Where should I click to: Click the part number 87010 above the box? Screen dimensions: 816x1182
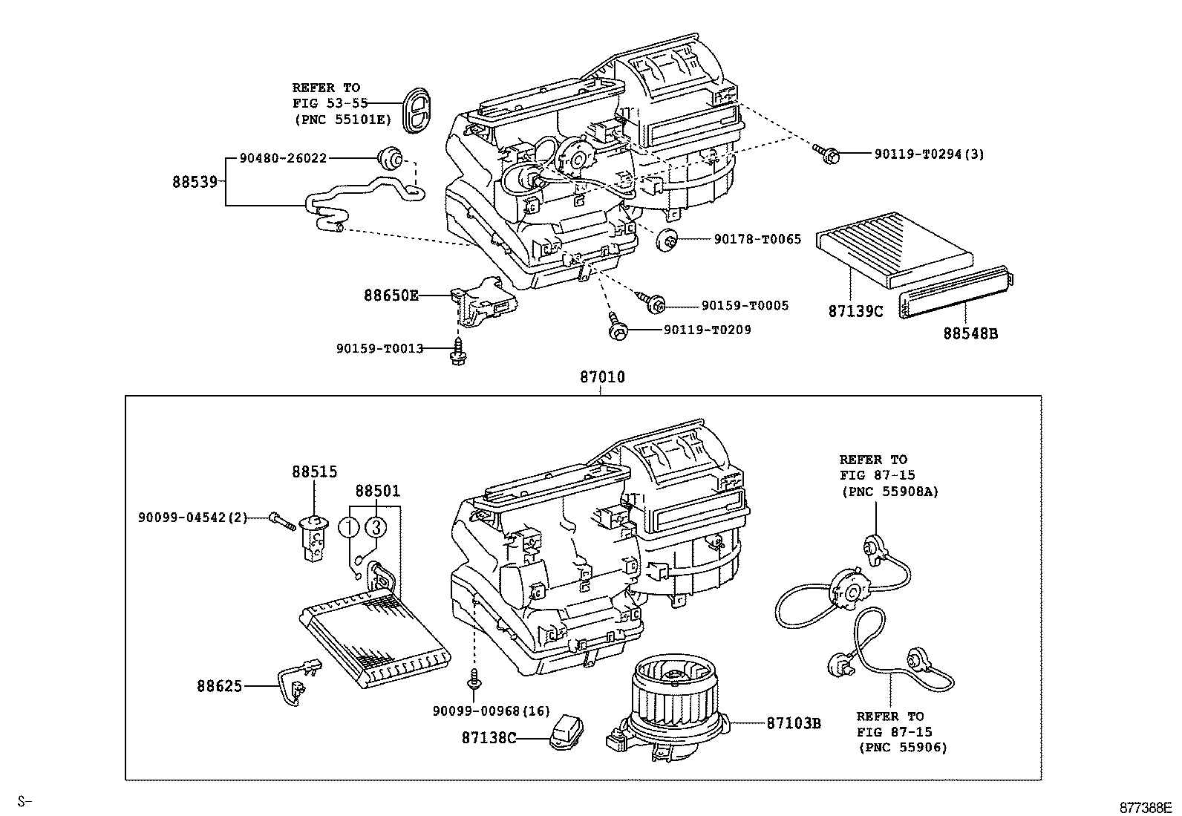click(602, 378)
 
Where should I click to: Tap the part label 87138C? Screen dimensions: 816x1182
click(489, 738)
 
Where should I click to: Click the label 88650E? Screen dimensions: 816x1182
click(391, 296)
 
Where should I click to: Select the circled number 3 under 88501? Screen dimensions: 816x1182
click(376, 527)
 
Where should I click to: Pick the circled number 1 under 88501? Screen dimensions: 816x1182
click(349, 527)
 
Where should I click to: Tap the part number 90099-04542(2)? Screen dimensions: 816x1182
click(192, 517)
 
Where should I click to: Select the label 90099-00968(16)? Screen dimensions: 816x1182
click(491, 711)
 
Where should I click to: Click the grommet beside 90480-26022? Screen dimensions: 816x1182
click(389, 157)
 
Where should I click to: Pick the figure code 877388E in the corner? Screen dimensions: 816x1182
click(1145, 807)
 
